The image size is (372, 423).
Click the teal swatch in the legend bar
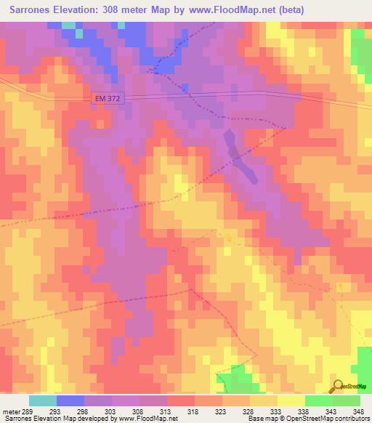click(x=43, y=400)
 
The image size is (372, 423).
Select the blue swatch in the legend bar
click(x=70, y=400)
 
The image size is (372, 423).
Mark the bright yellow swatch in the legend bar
click(x=291, y=400)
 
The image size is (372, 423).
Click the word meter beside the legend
click(x=12, y=411)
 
